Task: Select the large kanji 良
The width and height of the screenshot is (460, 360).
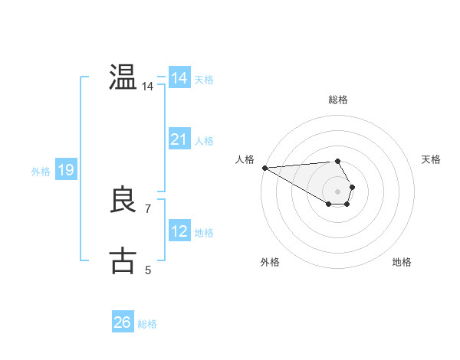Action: coord(123,200)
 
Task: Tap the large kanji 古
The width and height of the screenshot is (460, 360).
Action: coord(123,260)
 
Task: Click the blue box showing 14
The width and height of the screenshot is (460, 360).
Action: coord(179,78)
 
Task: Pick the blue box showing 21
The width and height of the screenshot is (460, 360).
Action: coord(179,139)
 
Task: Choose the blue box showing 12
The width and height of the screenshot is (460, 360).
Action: coord(179,231)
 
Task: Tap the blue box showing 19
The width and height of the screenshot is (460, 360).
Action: coord(66,170)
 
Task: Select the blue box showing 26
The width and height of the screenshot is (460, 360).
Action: coord(123,322)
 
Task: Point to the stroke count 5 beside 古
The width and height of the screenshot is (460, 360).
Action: coord(148,270)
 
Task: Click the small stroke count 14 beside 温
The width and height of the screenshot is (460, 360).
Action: coord(148,87)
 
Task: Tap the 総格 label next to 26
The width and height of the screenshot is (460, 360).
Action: coord(147,324)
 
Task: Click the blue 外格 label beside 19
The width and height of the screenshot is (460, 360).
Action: coord(41,172)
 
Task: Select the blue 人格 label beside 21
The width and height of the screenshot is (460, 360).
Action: coord(204,141)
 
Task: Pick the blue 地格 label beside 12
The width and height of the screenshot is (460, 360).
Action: coord(204,233)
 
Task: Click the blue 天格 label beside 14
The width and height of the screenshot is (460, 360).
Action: coord(204,80)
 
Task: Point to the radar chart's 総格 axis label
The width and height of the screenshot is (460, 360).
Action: coord(338,100)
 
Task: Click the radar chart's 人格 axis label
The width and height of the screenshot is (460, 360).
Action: coord(245,159)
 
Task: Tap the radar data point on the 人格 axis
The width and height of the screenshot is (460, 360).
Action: coord(264,167)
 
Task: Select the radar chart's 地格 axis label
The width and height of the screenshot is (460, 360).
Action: coord(402,262)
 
